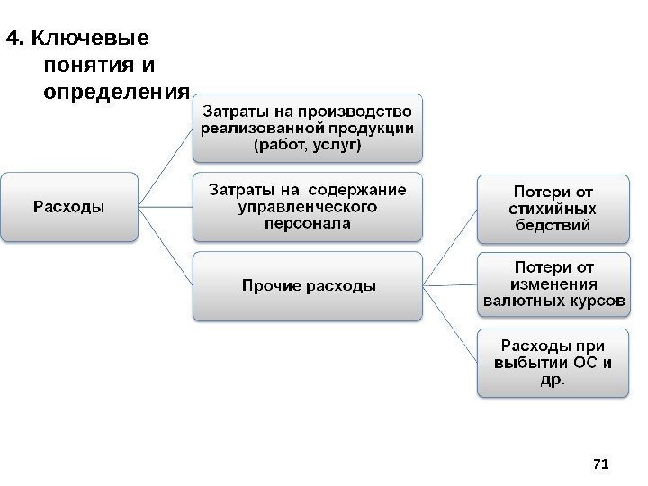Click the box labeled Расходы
point(69,208)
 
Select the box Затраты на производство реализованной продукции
point(307,128)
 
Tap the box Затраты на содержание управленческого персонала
point(307,207)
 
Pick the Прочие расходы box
point(307,286)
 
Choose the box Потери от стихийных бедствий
point(553,208)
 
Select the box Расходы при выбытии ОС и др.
point(553,363)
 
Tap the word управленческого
point(307,207)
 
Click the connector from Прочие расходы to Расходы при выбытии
point(449,324)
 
